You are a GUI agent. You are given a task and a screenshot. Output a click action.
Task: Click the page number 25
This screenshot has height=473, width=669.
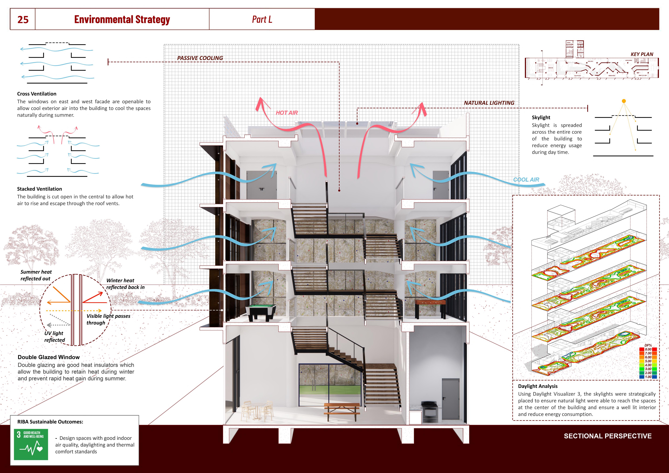point(23,20)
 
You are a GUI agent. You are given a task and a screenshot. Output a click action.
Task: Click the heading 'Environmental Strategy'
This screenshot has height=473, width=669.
point(122,20)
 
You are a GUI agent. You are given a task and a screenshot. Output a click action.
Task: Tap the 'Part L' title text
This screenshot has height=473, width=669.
point(262,20)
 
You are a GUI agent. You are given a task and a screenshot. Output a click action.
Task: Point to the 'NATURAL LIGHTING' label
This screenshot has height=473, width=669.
point(489,103)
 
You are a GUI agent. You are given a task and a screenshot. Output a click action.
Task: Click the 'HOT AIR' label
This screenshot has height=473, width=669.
point(287,113)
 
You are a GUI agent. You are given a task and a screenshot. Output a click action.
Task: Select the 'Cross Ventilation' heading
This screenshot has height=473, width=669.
point(37,94)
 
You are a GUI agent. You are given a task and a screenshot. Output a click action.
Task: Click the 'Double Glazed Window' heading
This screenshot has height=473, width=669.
point(49,357)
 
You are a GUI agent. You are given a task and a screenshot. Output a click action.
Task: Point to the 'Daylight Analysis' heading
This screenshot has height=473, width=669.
point(538,386)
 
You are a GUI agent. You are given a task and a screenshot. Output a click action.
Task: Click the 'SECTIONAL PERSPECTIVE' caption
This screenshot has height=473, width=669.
point(608,436)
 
